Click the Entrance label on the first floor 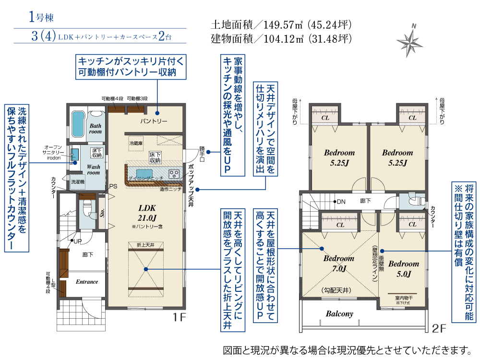pyautogui.click(x=87, y=282)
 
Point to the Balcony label pyautogui.click(x=339, y=314)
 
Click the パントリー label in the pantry pyautogui.click(x=154, y=121)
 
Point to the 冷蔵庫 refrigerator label pyautogui.click(x=136, y=143)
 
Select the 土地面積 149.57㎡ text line pyautogui.click(x=282, y=24)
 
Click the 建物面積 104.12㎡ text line pyautogui.click(x=282, y=38)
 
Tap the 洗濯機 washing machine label pyautogui.click(x=77, y=183)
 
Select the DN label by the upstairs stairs pyautogui.click(x=341, y=202)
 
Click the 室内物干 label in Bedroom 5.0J pyautogui.click(x=403, y=298)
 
